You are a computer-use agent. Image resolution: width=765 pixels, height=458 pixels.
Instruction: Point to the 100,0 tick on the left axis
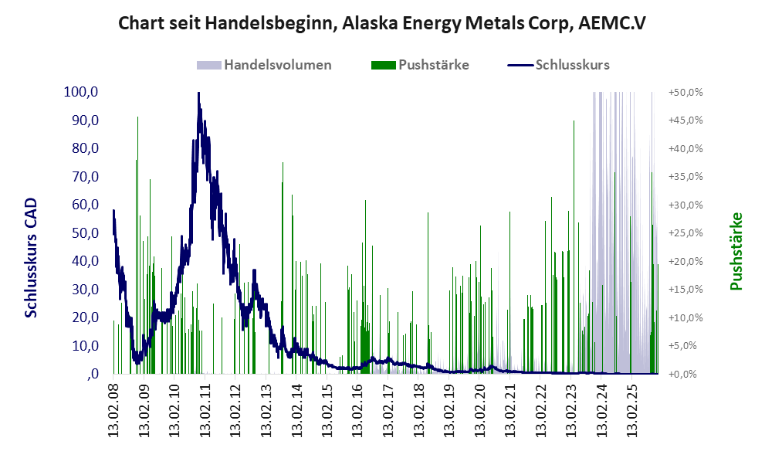(x=81, y=92)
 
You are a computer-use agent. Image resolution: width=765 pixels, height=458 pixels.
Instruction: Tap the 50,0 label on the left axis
(x=83, y=232)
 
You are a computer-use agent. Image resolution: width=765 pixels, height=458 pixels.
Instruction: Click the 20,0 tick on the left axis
(x=83, y=317)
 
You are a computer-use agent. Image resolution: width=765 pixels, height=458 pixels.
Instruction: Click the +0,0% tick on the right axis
(x=686, y=374)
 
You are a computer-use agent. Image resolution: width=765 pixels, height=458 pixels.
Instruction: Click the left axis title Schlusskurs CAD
(x=32, y=257)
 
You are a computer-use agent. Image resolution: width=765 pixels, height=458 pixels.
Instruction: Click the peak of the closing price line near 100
(x=198, y=94)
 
